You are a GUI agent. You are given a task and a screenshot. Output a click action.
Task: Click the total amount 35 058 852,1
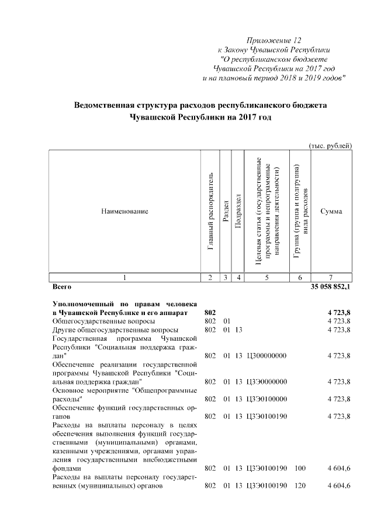[330, 288]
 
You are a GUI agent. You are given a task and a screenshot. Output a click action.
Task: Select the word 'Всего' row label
[62, 288]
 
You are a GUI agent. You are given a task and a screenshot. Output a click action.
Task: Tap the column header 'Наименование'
[124, 211]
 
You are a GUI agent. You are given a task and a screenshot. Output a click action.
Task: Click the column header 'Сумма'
[331, 211]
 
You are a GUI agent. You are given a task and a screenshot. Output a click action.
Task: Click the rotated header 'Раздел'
[226, 211]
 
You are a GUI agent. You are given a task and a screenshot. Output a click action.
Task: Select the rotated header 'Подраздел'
[237, 211]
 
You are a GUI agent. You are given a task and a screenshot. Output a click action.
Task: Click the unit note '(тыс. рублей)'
[330, 145]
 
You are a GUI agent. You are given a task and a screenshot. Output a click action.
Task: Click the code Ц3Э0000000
[267, 382]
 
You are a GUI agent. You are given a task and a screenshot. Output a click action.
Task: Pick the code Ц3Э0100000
[267, 399]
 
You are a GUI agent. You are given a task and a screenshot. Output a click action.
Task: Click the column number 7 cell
[331, 278]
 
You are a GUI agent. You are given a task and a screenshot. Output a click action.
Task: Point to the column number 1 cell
[124, 278]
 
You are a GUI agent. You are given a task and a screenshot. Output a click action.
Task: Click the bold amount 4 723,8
[338, 313]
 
